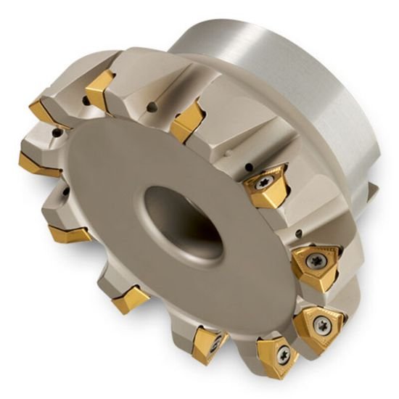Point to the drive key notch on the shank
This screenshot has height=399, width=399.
click(x=371, y=190)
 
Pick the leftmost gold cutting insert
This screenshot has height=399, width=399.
click(x=38, y=163)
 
